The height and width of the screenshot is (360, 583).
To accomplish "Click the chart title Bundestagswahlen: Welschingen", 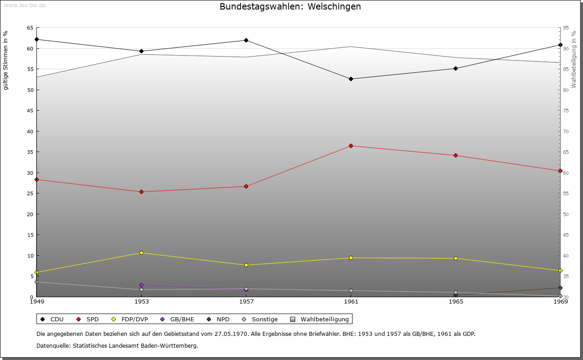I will point(290,7).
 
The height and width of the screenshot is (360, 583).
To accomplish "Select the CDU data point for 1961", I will point(351,79).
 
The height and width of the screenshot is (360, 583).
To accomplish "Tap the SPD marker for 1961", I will point(351,146).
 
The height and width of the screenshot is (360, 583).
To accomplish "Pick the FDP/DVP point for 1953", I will point(141,253).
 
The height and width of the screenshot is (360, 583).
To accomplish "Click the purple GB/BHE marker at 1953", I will point(141,285).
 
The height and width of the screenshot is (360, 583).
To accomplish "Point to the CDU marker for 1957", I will point(246,40).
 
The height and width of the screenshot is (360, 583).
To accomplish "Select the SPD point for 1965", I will point(455,156).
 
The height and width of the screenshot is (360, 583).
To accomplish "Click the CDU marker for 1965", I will point(455,68).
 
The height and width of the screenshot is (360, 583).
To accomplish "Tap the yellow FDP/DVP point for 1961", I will point(351,258).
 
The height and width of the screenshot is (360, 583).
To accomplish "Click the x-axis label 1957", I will point(246,302).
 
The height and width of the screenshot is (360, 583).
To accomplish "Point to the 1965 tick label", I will point(455,302).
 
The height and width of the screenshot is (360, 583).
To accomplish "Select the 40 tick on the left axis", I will point(30,132).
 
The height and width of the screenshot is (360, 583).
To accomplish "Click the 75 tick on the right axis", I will point(565,111).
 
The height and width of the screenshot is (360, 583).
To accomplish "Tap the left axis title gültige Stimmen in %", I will point(5,61).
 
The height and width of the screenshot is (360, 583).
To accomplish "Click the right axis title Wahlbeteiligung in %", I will point(574,59).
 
